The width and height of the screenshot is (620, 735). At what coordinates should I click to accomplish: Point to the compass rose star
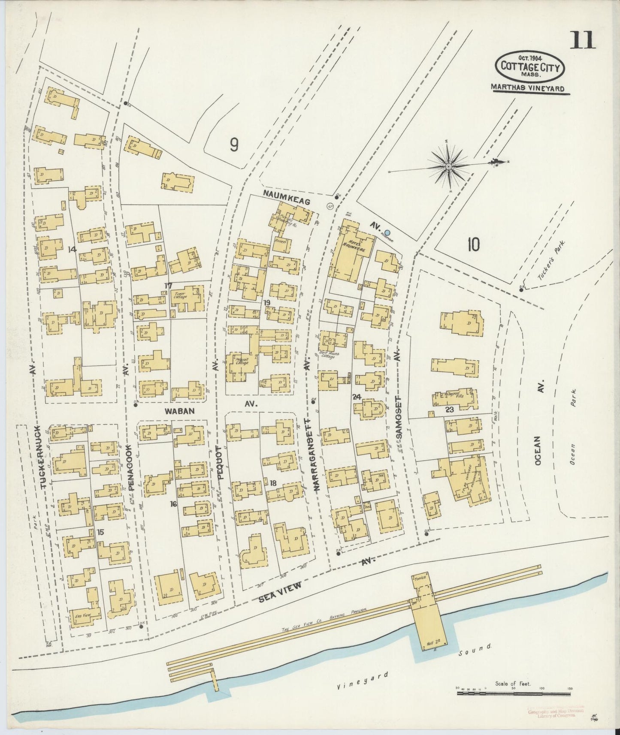[x=448, y=166]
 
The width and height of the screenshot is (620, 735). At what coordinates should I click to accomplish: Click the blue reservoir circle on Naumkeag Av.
[x=387, y=232]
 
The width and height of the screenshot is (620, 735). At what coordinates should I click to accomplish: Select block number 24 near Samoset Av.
[x=356, y=397]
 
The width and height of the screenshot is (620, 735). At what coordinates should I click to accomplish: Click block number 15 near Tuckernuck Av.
[x=100, y=532]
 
